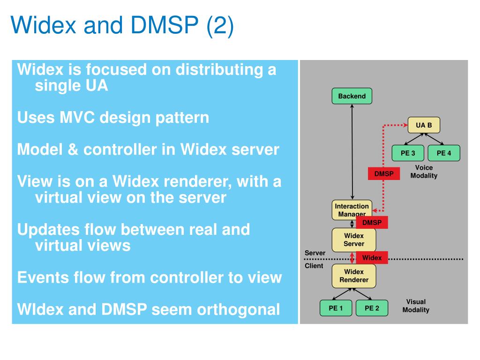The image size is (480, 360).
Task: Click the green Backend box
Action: (x=352, y=96)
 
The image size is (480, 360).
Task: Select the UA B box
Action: (x=424, y=125)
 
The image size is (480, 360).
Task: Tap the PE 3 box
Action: (x=408, y=153)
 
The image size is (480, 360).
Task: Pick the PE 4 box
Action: (x=444, y=153)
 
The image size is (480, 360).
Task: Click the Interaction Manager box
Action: (x=352, y=210)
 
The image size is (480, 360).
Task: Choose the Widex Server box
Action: (x=354, y=240)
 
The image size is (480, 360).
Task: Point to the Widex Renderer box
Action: (x=354, y=276)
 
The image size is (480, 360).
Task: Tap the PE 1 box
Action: (x=336, y=308)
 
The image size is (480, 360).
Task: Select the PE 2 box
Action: (x=372, y=308)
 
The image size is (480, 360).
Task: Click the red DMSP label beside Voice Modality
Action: (x=384, y=173)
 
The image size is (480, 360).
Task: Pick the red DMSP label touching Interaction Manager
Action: (x=372, y=223)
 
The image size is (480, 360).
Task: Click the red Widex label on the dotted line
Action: (x=372, y=258)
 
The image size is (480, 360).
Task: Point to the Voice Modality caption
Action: (x=424, y=172)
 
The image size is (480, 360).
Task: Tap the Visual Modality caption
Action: (x=416, y=306)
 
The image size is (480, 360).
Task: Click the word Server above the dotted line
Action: (x=315, y=253)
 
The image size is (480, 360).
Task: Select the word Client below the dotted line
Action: (x=314, y=266)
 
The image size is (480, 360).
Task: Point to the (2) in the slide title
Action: (x=220, y=25)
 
